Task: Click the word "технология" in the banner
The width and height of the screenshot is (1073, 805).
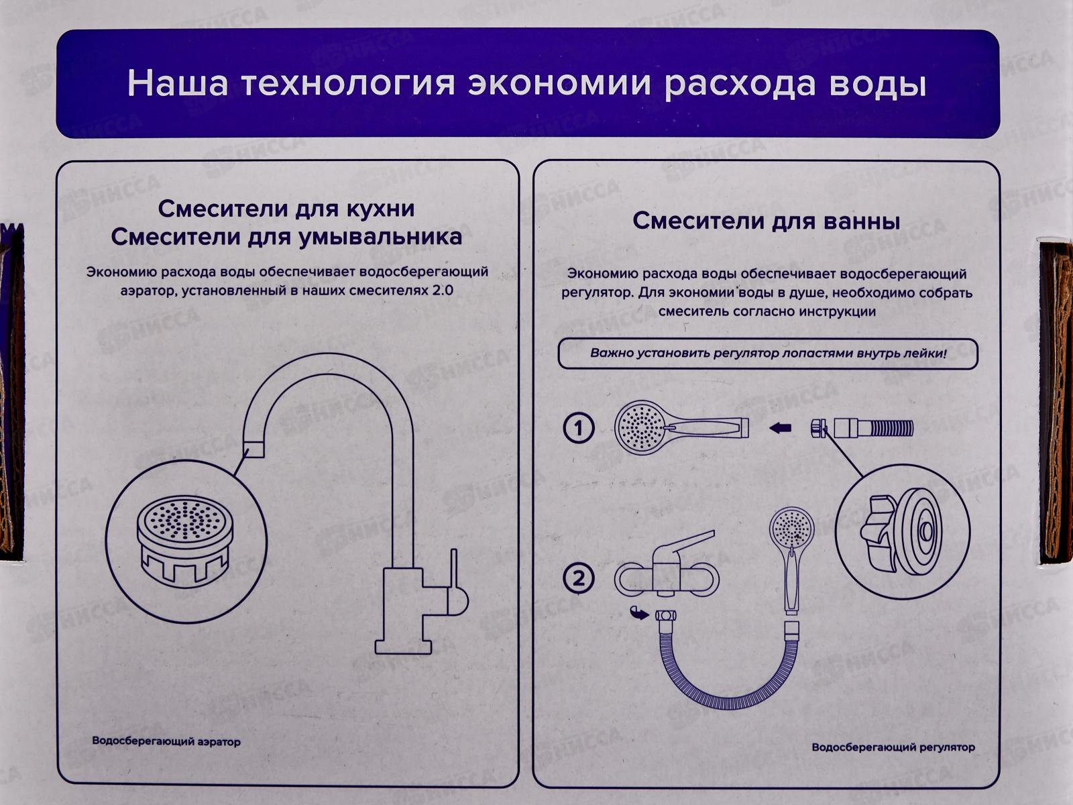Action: coord(347,84)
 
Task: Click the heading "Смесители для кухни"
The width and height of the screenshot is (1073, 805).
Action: coord(286,209)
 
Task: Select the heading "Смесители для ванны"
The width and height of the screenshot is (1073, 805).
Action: coord(766,221)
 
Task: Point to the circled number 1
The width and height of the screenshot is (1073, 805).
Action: coord(579,428)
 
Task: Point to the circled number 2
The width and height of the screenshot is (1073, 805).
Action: coord(579,578)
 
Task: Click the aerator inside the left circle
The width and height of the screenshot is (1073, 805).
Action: coord(183,540)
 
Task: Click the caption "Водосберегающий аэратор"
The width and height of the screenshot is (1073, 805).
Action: coord(166,741)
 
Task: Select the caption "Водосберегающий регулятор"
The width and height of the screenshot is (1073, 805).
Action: coord(893,747)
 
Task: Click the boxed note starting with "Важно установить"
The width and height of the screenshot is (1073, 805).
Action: coord(768,354)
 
